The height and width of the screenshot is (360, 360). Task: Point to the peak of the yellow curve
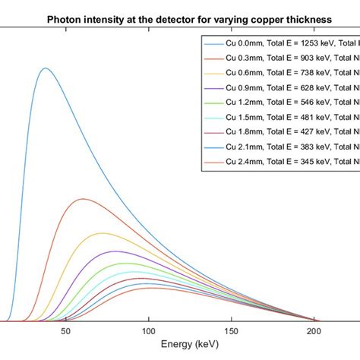click(x=101, y=233)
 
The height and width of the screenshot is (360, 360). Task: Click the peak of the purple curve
click(x=114, y=251)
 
